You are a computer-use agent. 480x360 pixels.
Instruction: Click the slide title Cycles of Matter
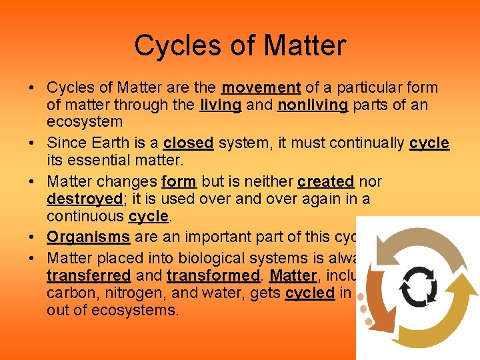[x=240, y=46]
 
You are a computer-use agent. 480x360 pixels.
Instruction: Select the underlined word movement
[x=261, y=88]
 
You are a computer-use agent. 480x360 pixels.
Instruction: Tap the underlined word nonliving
[x=312, y=105]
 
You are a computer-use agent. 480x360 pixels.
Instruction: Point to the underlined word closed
[x=188, y=143]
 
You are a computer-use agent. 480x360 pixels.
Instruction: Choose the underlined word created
[x=325, y=182]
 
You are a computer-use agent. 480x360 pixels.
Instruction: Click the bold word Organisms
[x=89, y=237]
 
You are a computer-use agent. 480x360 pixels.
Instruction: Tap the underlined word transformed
[x=214, y=275]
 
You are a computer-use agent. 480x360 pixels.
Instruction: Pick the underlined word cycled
[x=309, y=293]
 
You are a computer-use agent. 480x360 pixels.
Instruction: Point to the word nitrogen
[x=125, y=293]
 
